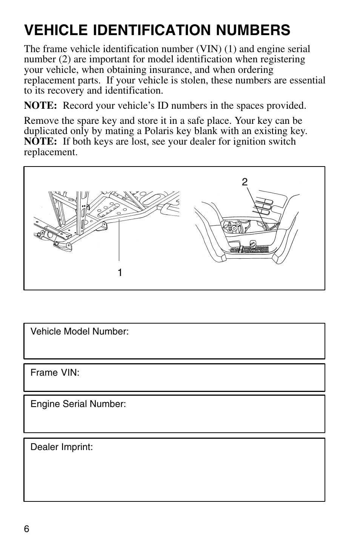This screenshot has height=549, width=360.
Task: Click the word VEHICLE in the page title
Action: point(54,30)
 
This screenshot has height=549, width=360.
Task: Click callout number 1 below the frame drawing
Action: point(120,273)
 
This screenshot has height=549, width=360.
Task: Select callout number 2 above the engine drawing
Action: point(245,182)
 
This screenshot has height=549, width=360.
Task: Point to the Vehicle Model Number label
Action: point(80,332)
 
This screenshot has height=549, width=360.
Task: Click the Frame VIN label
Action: point(55,373)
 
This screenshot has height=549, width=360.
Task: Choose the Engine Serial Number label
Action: point(78,404)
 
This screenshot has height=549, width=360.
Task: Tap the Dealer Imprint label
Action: point(62,447)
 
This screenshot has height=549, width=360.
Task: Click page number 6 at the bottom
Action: point(26,529)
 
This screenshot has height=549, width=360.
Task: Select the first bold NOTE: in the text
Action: point(40,106)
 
